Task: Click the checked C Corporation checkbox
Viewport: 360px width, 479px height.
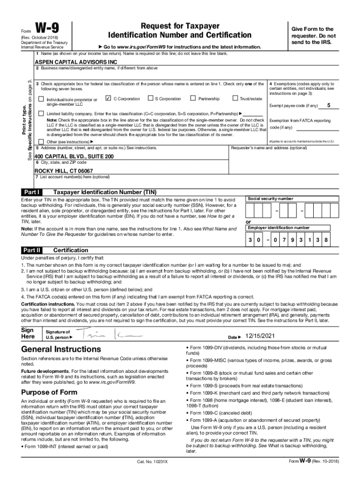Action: pyautogui.click(x=108, y=99)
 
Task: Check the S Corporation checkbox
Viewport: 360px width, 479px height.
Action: pyautogui.click(x=151, y=99)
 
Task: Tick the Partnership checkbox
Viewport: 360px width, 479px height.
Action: pyautogui.click(x=193, y=99)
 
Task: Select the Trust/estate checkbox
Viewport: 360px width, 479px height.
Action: pyautogui.click(x=235, y=99)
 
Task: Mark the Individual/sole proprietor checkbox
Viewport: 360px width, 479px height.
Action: pyautogui.click(x=41, y=99)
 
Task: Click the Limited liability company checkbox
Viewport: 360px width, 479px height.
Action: pyautogui.click(x=41, y=114)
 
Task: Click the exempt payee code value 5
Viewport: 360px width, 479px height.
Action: pyautogui.click(x=329, y=105)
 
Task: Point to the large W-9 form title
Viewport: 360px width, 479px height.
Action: pyautogui.click(x=48, y=28)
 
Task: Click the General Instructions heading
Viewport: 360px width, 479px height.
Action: pyautogui.click(x=61, y=349)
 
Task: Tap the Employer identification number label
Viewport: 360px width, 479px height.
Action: pyautogui.click(x=279, y=228)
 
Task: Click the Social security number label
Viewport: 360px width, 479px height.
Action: pyautogui.click(x=271, y=199)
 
